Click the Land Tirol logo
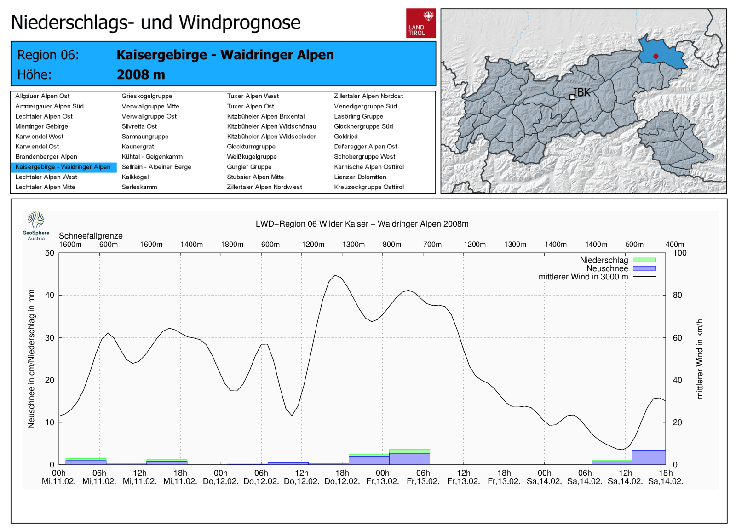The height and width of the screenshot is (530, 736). click(x=420, y=23)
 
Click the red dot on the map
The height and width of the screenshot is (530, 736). click(x=655, y=56)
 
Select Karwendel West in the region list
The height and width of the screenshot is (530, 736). click(x=40, y=137)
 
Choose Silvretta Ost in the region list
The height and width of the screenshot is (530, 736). click(x=139, y=126)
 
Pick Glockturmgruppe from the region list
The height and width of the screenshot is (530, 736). click(x=251, y=147)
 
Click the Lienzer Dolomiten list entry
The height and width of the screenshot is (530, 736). click(x=360, y=177)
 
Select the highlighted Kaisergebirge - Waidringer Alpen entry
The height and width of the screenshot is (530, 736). click(x=63, y=167)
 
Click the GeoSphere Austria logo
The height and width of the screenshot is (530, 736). click(x=36, y=226)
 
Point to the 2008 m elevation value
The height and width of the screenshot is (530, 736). click(x=141, y=74)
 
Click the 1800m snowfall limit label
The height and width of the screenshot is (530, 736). click(x=232, y=245)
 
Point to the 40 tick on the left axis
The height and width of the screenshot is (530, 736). click(x=49, y=295)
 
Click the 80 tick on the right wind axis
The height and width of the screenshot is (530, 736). click(x=677, y=295)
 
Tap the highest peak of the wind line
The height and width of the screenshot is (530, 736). click(x=336, y=275)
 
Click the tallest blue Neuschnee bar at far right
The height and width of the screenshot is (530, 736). click(x=649, y=457)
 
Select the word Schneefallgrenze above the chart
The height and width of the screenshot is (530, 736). click(x=91, y=236)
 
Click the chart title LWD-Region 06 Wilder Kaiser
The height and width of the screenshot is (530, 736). click(x=362, y=224)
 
